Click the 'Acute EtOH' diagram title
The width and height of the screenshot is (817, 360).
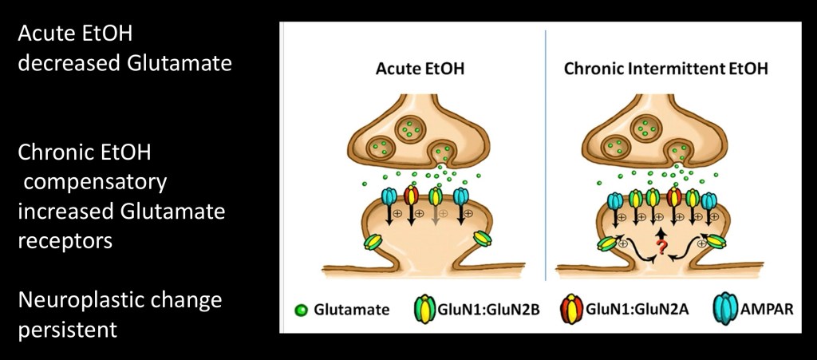tap(420, 69)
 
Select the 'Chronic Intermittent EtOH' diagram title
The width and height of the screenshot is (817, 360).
tap(666, 69)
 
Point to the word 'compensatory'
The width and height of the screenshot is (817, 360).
tap(95, 182)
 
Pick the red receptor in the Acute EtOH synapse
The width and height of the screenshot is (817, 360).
tap(411, 196)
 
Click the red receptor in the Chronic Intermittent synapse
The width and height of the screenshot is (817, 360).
tap(673, 200)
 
